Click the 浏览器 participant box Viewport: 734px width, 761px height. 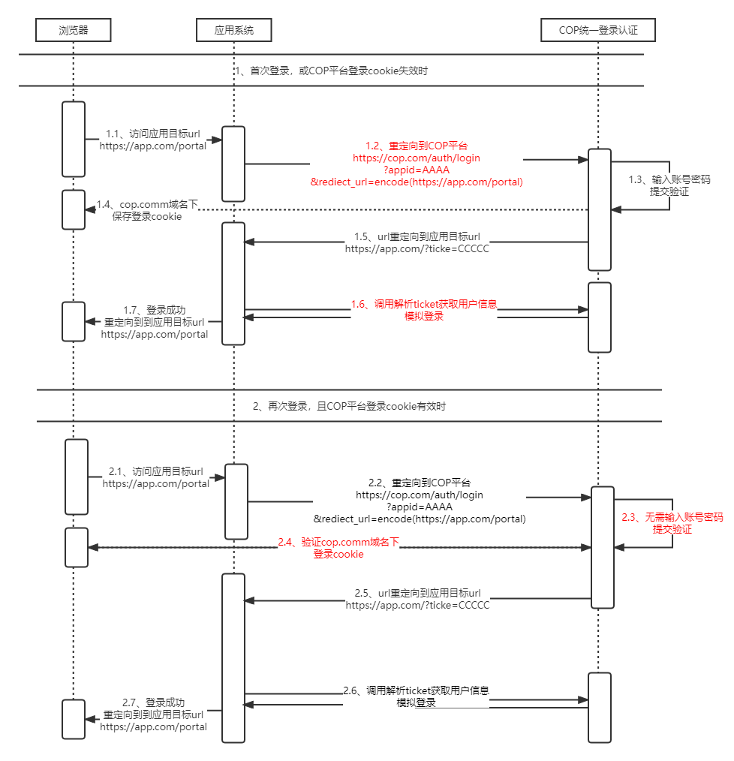[x=74, y=30]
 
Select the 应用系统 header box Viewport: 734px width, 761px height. [x=233, y=30]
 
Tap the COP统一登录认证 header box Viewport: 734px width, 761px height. [x=598, y=30]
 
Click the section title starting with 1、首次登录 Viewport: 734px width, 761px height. [x=331, y=71]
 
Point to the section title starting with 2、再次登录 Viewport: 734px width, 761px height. [x=349, y=406]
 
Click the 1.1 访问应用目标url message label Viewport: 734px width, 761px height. [x=153, y=140]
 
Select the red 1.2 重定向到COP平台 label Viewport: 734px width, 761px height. [x=417, y=164]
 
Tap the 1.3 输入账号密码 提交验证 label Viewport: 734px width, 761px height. [x=669, y=185]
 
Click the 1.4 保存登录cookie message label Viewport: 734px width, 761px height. [x=147, y=210]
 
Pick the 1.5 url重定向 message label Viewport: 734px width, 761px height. [x=417, y=242]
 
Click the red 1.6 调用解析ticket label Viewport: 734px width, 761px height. [x=424, y=310]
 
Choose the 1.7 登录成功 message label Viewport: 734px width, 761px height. [x=154, y=322]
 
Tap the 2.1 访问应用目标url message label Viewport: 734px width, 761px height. [x=155, y=477]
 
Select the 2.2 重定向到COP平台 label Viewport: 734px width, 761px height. [x=420, y=501]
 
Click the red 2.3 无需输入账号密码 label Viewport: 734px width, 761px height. [x=672, y=523]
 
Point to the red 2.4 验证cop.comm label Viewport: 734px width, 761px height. [x=338, y=547]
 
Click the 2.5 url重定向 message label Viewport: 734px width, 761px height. [x=417, y=599]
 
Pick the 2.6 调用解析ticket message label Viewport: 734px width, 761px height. [x=416, y=696]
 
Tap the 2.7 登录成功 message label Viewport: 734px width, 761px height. [x=153, y=714]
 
